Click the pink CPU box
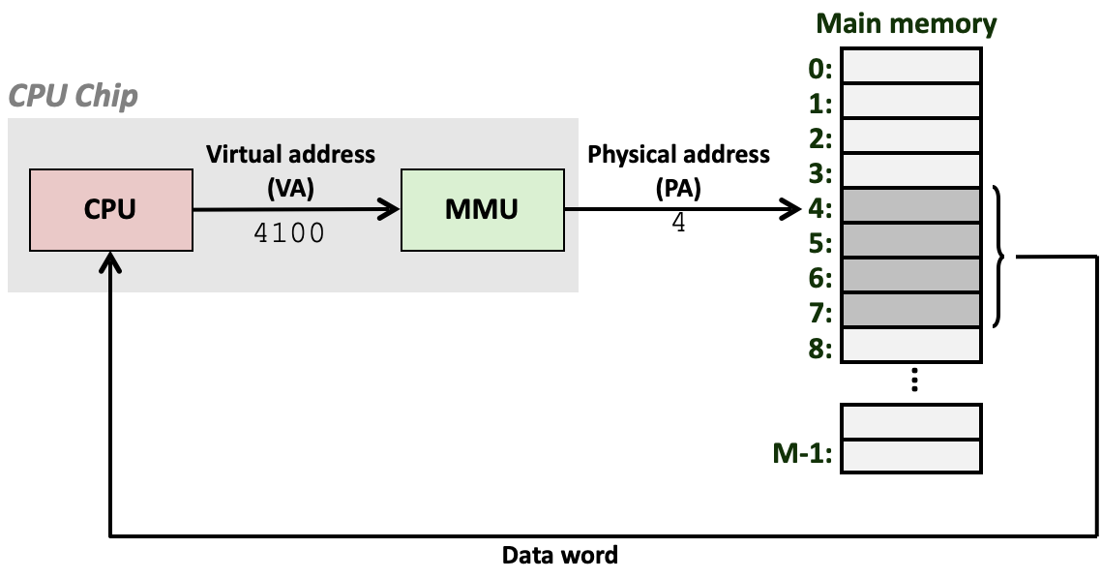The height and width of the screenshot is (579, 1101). (110, 209)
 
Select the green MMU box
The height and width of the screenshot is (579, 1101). (482, 209)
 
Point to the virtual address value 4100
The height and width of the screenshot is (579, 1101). (288, 233)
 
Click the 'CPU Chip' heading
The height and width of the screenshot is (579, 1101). (74, 97)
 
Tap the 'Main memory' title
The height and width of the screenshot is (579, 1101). (907, 23)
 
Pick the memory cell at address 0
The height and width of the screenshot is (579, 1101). (910, 67)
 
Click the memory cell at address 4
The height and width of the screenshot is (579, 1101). (910, 205)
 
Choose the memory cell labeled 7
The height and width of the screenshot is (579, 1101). (910, 310)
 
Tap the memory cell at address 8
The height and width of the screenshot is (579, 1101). (910, 345)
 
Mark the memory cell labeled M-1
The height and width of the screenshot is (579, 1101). (910, 455)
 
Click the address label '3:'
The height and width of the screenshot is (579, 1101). (820, 173)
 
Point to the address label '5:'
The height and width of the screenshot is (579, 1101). (820, 243)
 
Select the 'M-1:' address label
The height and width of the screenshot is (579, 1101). (802, 453)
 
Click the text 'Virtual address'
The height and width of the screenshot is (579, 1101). (290, 154)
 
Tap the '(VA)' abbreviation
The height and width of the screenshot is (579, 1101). (290, 188)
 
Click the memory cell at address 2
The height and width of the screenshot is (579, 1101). (910, 136)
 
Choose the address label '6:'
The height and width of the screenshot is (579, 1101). (820, 278)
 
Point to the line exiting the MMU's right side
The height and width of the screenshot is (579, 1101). (571, 208)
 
